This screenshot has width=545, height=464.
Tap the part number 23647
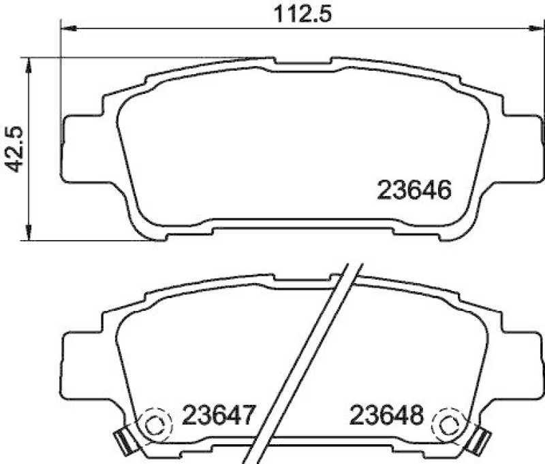click(218, 414)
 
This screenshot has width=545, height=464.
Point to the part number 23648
click(386, 414)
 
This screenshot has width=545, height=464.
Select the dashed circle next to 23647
click(156, 426)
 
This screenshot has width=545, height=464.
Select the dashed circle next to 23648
click(450, 426)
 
